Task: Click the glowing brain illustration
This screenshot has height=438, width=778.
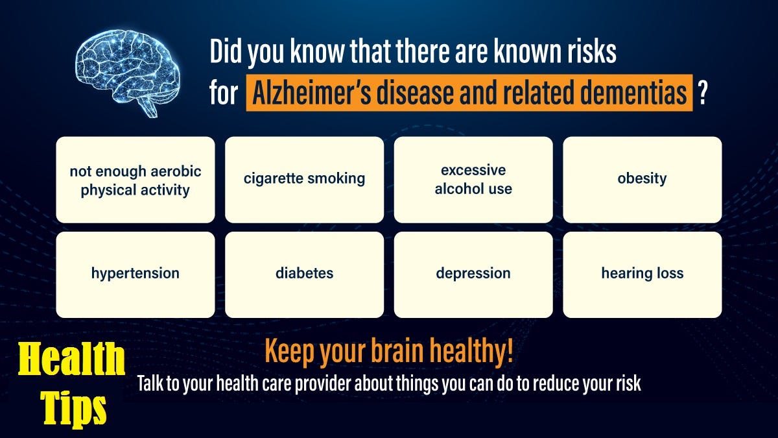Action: tap(128, 73)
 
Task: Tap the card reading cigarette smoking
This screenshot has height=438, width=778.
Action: tap(304, 180)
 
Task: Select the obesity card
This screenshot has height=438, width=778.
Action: tap(642, 180)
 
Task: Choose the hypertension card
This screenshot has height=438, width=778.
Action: tap(136, 274)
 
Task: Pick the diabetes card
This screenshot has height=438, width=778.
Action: tap(304, 274)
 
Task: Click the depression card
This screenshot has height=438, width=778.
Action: tap(473, 274)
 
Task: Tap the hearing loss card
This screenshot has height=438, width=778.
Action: tap(642, 274)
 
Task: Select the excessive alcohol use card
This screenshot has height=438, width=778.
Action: tap(473, 180)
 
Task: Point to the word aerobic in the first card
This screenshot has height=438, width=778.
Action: tap(176, 171)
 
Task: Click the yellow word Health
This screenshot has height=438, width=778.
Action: tap(71, 358)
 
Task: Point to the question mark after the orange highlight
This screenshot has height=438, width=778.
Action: tap(702, 93)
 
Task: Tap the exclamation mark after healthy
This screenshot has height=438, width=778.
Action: tap(510, 350)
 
